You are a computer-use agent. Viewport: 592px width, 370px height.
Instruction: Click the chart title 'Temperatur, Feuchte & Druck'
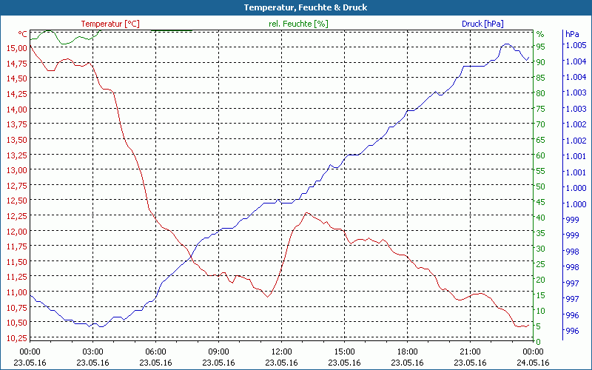(x=295, y=7)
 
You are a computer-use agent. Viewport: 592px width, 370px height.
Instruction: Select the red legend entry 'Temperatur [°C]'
(x=110, y=24)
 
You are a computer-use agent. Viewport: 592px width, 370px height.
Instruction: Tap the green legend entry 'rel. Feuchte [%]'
(x=297, y=24)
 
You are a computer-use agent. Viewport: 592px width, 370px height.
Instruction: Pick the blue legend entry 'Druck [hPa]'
(x=482, y=24)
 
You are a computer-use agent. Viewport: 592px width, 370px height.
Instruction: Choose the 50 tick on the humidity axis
(x=540, y=186)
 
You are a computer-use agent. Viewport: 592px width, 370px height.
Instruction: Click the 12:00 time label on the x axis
(x=281, y=351)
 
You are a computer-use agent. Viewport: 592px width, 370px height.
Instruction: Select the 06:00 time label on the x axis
(x=155, y=351)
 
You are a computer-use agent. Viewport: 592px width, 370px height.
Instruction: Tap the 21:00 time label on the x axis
(x=470, y=351)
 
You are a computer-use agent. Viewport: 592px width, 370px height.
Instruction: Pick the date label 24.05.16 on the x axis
(x=533, y=363)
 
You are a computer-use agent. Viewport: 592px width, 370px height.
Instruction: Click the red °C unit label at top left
(x=23, y=34)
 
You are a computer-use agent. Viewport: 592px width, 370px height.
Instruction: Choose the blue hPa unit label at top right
(x=572, y=34)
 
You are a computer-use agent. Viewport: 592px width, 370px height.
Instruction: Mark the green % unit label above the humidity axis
(x=539, y=34)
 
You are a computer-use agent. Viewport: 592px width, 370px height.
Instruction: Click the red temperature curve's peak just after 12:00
(x=306, y=213)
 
